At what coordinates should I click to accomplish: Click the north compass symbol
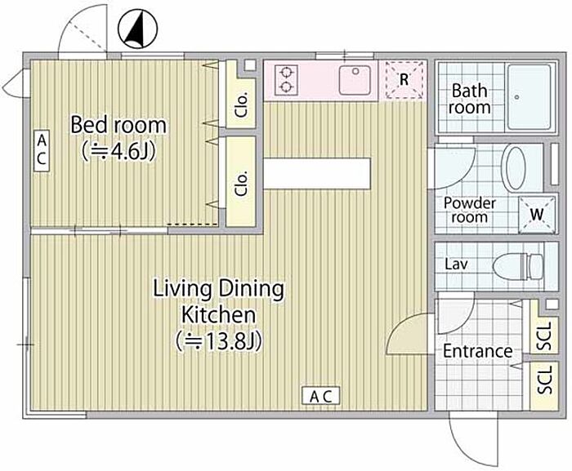click(138, 29)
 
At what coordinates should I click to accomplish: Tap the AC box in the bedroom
click(42, 151)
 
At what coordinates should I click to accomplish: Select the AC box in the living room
click(320, 396)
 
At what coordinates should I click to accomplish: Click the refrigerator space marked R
click(404, 80)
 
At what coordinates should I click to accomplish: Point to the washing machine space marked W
click(537, 215)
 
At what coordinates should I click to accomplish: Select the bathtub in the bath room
click(530, 97)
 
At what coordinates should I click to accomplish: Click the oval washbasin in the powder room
click(514, 167)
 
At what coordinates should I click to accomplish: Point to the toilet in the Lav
click(518, 267)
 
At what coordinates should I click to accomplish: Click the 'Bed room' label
click(118, 125)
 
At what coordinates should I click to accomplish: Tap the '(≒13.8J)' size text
click(218, 341)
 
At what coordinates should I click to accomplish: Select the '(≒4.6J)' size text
click(119, 151)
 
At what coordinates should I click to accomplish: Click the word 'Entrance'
click(478, 351)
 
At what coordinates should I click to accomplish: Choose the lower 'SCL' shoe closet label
click(545, 380)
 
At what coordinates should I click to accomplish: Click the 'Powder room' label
click(470, 210)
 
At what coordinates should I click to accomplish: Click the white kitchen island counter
click(317, 174)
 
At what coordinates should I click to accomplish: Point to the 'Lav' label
click(456, 264)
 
